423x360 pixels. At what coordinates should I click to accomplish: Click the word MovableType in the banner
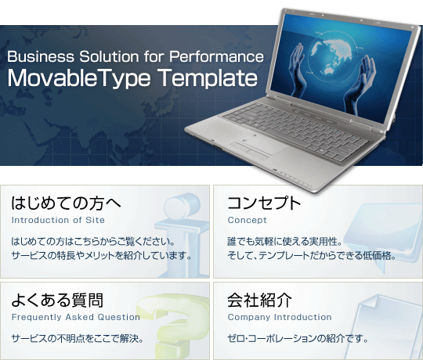click(x=79, y=77)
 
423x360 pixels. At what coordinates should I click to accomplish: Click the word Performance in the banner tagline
click(x=216, y=56)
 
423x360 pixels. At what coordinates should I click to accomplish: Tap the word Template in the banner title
click(x=208, y=77)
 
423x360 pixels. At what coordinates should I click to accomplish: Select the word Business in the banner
click(x=41, y=56)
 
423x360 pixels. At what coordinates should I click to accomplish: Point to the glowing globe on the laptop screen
click(x=331, y=56)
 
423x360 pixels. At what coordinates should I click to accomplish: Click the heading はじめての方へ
click(x=66, y=203)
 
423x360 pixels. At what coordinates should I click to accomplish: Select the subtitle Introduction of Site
click(x=58, y=220)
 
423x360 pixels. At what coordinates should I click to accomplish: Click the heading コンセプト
click(x=264, y=203)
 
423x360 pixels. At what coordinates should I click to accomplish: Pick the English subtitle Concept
click(x=247, y=220)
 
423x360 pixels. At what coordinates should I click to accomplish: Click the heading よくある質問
click(x=57, y=300)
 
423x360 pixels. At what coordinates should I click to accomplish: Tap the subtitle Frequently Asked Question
click(x=76, y=317)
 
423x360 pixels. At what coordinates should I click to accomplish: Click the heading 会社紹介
click(x=259, y=300)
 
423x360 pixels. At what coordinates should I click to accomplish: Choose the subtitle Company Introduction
click(x=280, y=317)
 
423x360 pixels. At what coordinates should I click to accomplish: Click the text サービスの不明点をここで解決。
click(x=78, y=338)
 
